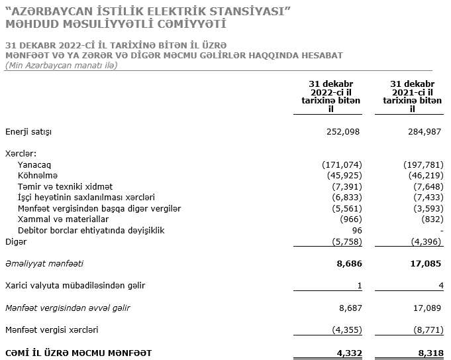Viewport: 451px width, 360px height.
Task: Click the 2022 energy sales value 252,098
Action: pyautogui.click(x=343, y=132)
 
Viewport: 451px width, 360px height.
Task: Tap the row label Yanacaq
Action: pyautogui.click(x=34, y=164)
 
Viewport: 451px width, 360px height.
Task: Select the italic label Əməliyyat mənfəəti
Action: pyautogui.click(x=44, y=263)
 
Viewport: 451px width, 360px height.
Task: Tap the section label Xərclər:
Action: pyautogui.click(x=21, y=154)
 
